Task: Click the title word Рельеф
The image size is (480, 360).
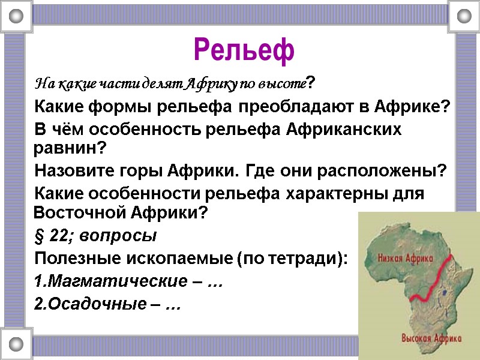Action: tap(244, 50)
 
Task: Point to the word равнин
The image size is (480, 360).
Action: tap(67, 147)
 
